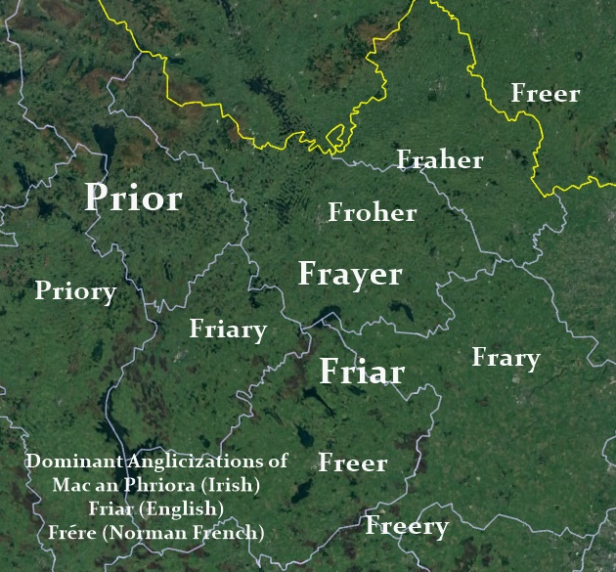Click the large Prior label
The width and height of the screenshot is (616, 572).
(133, 198)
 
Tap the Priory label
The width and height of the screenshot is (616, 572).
(75, 291)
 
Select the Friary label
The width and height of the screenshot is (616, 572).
(228, 330)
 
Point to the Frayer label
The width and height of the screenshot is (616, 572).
(350, 275)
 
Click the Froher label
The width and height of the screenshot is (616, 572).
(373, 212)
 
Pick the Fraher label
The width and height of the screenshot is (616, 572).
(439, 159)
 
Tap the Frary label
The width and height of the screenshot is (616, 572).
(506, 358)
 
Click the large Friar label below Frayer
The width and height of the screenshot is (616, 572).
(362, 373)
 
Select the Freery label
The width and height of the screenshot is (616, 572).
(407, 527)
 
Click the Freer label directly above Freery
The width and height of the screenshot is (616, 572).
(353, 463)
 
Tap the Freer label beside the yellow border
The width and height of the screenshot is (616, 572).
(546, 94)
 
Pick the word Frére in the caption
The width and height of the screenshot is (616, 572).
(70, 533)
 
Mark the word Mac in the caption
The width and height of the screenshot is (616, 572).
(69, 485)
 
